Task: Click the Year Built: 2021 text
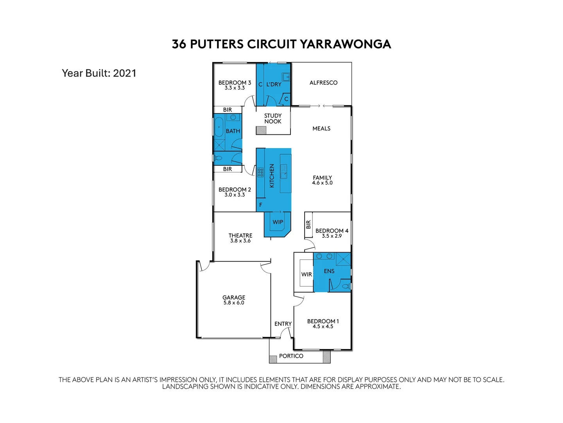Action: click(x=99, y=73)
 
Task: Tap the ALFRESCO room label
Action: click(x=323, y=83)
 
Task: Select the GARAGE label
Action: click(x=234, y=298)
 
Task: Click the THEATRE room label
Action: click(x=240, y=235)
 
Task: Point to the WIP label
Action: click(x=278, y=222)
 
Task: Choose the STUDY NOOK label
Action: click(x=273, y=118)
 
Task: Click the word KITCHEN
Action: click(x=272, y=175)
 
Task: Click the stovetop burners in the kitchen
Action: click(x=260, y=172)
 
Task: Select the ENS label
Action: click(x=329, y=271)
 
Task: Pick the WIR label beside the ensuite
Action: click(x=307, y=274)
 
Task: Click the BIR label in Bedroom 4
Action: click(x=308, y=225)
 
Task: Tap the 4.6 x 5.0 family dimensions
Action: click(x=322, y=183)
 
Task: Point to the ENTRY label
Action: click(x=283, y=324)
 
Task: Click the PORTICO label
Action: click(x=291, y=356)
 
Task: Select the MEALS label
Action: click(x=321, y=128)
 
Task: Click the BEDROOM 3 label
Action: click(x=235, y=83)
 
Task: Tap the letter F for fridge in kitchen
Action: click(x=261, y=205)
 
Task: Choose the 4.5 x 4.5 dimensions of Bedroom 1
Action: click(x=323, y=327)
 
